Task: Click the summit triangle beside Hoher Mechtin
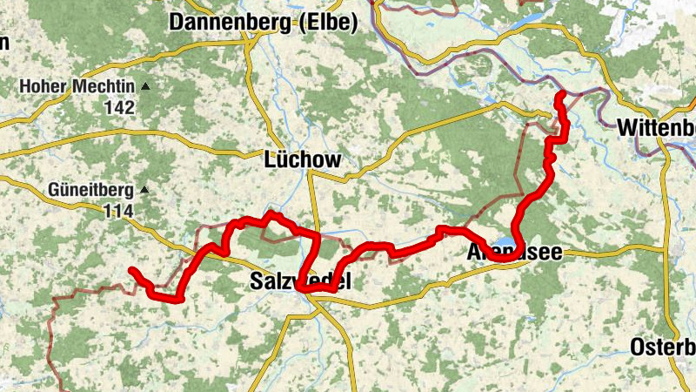pos(145,87)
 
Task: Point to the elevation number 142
pos(118,107)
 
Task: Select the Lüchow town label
pos(302,159)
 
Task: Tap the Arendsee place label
pos(514,253)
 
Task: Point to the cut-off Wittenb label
pos(656,128)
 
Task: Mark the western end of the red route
pos(131,271)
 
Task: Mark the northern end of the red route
pos(560,94)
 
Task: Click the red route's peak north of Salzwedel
pos(271,213)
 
